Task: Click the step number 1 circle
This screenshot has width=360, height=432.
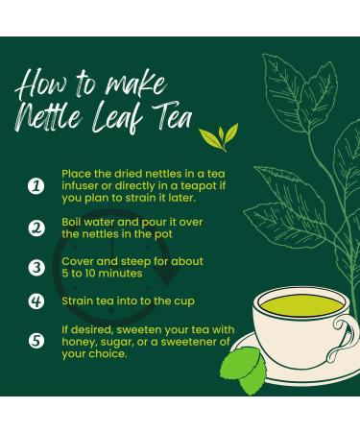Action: point(36,186)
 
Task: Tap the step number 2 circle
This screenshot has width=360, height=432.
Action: point(36,228)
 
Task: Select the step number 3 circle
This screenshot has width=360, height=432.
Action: point(36,268)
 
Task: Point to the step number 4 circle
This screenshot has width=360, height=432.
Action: point(36,301)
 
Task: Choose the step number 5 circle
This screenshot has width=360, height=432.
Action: point(36,341)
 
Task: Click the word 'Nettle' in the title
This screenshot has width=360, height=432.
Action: point(48,118)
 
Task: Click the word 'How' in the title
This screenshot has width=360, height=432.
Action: point(42,84)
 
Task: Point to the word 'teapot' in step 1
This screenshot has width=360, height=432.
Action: point(199,186)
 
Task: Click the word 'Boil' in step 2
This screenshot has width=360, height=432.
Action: point(69,222)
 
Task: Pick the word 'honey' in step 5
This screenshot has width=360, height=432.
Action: point(79,343)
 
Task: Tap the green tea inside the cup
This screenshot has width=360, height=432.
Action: point(301,305)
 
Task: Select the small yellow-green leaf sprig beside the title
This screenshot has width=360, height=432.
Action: point(219,137)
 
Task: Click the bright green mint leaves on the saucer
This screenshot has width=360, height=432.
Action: point(244,372)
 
